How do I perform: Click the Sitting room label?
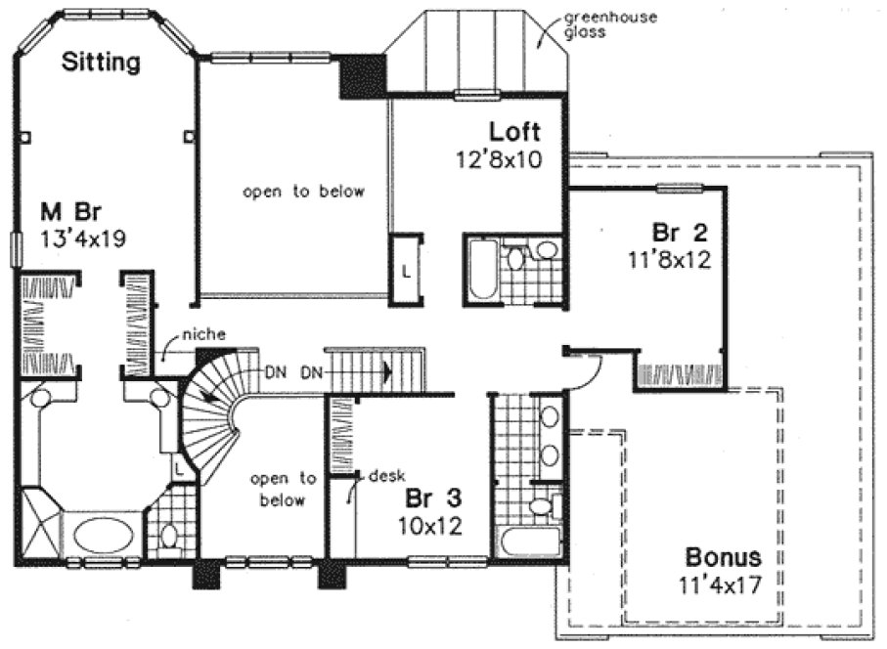(101, 64)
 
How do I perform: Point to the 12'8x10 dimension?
(499, 157)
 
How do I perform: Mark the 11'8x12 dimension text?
(670, 260)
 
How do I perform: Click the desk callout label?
(384, 476)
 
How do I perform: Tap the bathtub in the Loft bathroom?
(481, 270)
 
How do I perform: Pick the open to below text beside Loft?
(303, 192)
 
